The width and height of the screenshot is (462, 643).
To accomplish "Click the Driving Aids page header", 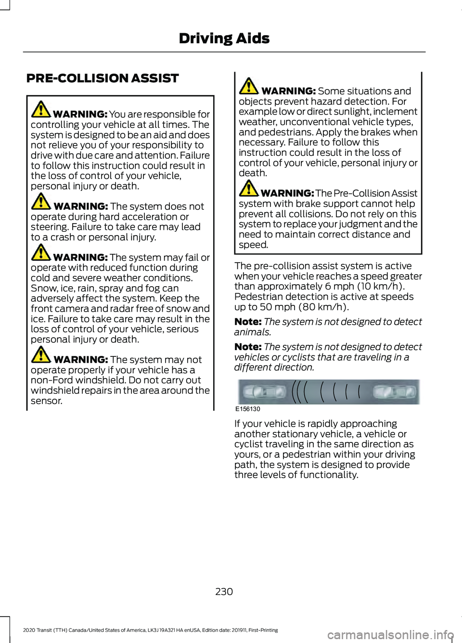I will pos(224,38).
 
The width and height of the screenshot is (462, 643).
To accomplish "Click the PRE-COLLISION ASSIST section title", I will pos(103,78).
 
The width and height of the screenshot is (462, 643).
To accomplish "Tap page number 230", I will pos(224,592).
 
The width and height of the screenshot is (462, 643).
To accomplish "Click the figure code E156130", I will pos(248,409).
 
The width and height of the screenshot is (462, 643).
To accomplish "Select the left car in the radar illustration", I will pos(264,392).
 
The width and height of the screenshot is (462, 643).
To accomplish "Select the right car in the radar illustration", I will pos(395,392).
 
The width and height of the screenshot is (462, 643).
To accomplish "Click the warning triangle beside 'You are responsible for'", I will pos(41,110).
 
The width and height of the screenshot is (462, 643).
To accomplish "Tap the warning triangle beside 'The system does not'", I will pos(41,202).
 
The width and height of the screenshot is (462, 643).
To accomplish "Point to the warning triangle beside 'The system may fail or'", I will pos(41,252).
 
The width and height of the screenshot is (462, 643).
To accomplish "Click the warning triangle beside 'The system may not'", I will pos(41,355).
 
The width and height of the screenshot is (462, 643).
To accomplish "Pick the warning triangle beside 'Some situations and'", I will pos(249,86).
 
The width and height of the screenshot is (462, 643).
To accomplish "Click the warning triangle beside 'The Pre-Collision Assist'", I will pos(249,189).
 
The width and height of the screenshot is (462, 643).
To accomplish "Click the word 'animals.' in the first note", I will pos(253,332).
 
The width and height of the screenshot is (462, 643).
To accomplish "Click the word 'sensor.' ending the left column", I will pos(47,401).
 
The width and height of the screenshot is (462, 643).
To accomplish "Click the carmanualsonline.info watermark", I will pos(390,635).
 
